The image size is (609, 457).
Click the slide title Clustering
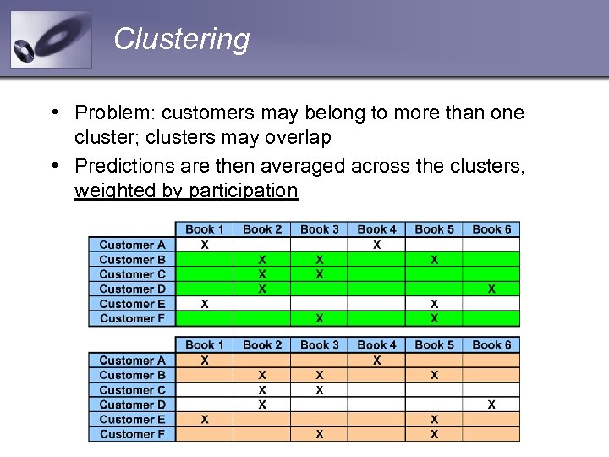[181, 39]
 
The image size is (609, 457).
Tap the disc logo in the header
[51, 40]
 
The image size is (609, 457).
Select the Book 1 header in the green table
[205, 229]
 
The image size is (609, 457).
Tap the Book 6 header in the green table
[491, 229]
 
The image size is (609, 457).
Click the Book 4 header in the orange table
[376, 344]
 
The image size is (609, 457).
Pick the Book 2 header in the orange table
[262, 344]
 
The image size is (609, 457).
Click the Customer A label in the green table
[132, 245]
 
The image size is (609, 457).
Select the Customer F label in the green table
[132, 318]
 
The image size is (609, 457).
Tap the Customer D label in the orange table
[132, 405]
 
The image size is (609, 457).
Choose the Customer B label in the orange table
[132, 375]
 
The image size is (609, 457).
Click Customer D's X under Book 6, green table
[491, 289]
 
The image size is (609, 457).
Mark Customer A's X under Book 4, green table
[376, 245]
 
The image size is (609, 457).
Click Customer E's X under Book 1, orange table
[205, 419]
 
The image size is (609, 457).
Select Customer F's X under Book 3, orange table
[320, 434]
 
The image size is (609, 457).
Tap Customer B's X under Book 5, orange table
[434, 375]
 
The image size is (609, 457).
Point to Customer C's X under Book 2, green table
[262, 274]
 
